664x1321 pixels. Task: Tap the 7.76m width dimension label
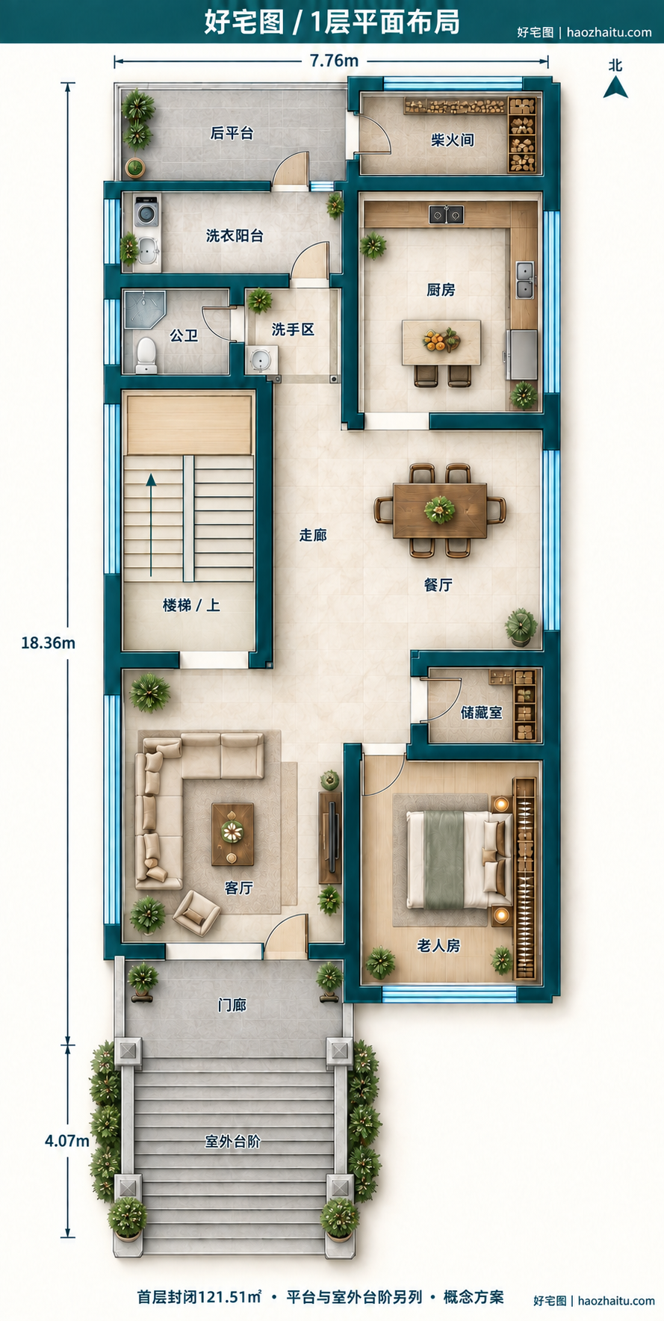click(x=334, y=61)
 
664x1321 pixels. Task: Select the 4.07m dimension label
click(x=66, y=1141)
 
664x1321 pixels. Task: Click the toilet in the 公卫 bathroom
click(x=146, y=356)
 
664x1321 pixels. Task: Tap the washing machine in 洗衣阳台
click(x=147, y=214)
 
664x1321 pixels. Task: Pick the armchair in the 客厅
click(x=196, y=912)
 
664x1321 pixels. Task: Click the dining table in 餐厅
click(x=440, y=510)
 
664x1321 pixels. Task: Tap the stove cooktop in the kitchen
click(x=446, y=214)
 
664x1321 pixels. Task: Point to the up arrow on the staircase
click(x=152, y=525)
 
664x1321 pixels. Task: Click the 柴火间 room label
click(x=452, y=140)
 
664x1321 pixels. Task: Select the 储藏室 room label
click(x=482, y=713)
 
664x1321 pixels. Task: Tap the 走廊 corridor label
click(x=313, y=535)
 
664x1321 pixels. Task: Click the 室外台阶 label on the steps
click(x=233, y=1142)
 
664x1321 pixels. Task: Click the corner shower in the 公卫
click(x=143, y=309)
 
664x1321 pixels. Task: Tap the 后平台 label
click(x=232, y=133)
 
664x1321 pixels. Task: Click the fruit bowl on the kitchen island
click(x=441, y=341)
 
